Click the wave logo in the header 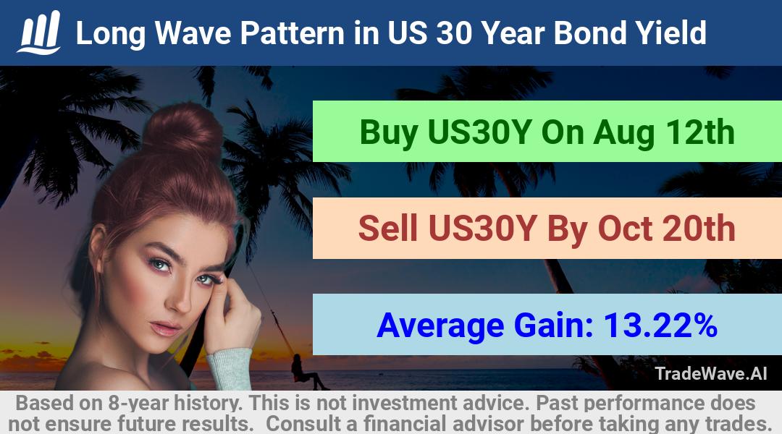(39, 32)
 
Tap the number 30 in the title (453, 33)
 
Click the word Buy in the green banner (389, 133)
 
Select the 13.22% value (660, 325)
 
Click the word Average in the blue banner (440, 326)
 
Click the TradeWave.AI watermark (711, 373)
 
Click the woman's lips (165, 328)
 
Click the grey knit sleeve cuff (230, 369)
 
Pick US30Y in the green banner (479, 132)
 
